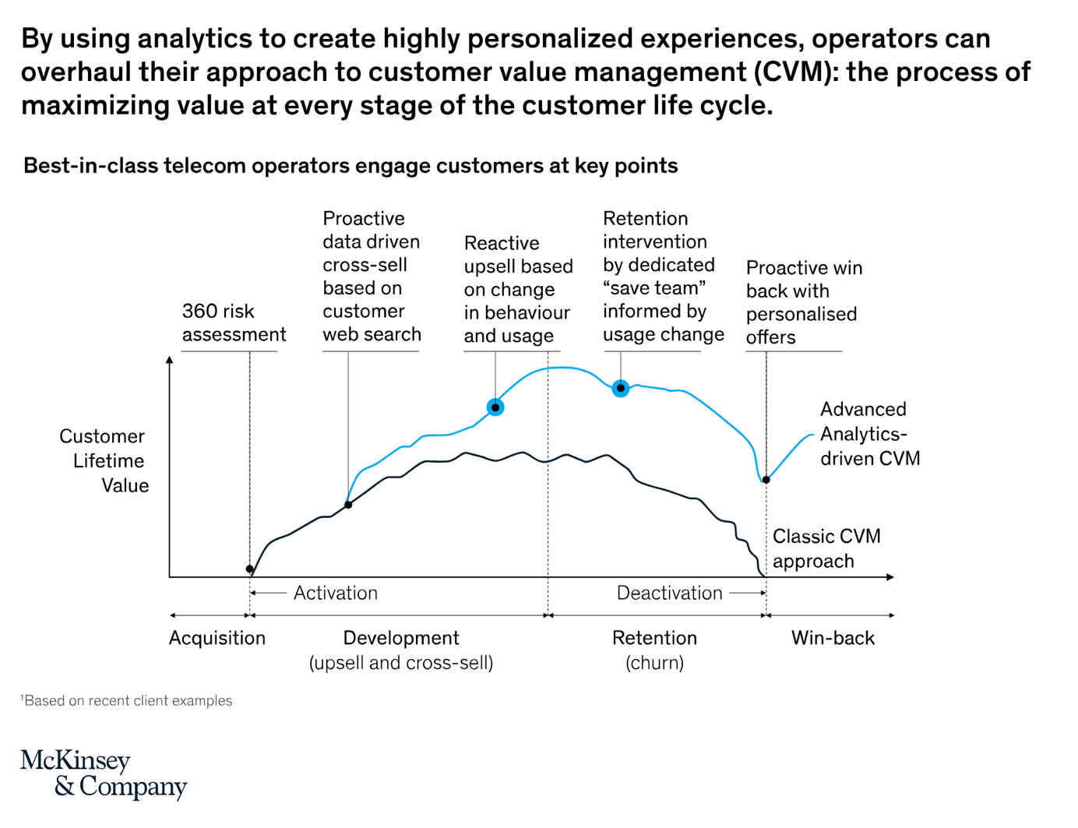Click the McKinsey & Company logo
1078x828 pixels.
pyautogui.click(x=103, y=773)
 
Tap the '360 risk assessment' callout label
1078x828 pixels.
pyautogui.click(x=234, y=322)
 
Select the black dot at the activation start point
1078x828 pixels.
pyautogui.click(x=249, y=569)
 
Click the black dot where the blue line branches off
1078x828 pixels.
pyautogui.click(x=348, y=505)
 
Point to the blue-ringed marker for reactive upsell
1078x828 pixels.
pyautogui.click(x=495, y=407)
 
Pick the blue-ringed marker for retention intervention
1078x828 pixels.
pyautogui.click(x=620, y=388)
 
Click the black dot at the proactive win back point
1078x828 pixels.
pyautogui.click(x=766, y=480)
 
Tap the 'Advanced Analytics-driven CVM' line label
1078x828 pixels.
pyautogui.click(x=869, y=434)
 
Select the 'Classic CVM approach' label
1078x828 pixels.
pyautogui.click(x=826, y=548)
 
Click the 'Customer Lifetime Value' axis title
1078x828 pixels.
pyautogui.click(x=104, y=460)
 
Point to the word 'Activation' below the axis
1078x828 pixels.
pyautogui.click(x=335, y=593)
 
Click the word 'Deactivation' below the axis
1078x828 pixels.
pyautogui.click(x=669, y=593)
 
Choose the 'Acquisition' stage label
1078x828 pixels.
pyautogui.click(x=217, y=638)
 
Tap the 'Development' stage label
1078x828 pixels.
pyautogui.click(x=401, y=638)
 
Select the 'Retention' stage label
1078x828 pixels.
pyautogui.click(x=654, y=638)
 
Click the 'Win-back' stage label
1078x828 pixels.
pyautogui.click(x=833, y=638)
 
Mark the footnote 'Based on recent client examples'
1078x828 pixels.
pyautogui.click(x=128, y=700)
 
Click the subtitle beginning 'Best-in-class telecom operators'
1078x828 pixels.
pyautogui.click(x=351, y=166)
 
